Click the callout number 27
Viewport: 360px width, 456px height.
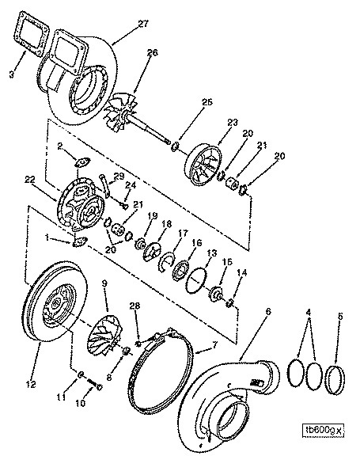143,24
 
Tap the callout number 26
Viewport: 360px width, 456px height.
153,52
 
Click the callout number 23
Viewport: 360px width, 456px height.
232,122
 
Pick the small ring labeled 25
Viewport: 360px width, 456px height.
175,147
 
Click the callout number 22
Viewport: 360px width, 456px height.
29,180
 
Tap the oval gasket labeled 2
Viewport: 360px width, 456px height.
83,162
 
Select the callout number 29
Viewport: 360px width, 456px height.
119,176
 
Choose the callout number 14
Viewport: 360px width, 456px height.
242,273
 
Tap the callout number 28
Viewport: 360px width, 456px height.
135,306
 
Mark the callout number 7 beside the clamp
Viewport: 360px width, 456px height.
214,345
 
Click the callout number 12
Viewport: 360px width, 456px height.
31,384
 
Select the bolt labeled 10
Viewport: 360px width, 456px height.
94,385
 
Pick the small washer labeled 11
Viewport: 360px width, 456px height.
81,374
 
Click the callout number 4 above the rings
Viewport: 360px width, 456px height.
309,313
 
